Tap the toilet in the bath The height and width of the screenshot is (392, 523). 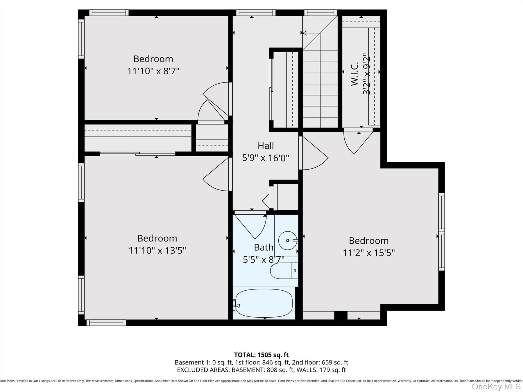[283, 271]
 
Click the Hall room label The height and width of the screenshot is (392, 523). [266, 145]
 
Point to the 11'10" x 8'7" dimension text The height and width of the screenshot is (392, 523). [153, 71]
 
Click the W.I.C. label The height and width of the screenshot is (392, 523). [354, 75]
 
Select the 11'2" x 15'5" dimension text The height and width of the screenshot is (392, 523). [368, 253]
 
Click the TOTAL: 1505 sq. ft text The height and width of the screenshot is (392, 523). [261, 355]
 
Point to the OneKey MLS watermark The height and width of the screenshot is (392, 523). [496, 386]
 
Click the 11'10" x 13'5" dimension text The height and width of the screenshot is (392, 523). [157, 250]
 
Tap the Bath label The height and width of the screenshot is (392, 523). [264, 247]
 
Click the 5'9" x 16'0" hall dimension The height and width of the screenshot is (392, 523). [266, 158]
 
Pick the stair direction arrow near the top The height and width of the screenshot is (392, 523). [305, 33]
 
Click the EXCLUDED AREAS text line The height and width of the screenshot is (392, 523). [261, 370]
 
